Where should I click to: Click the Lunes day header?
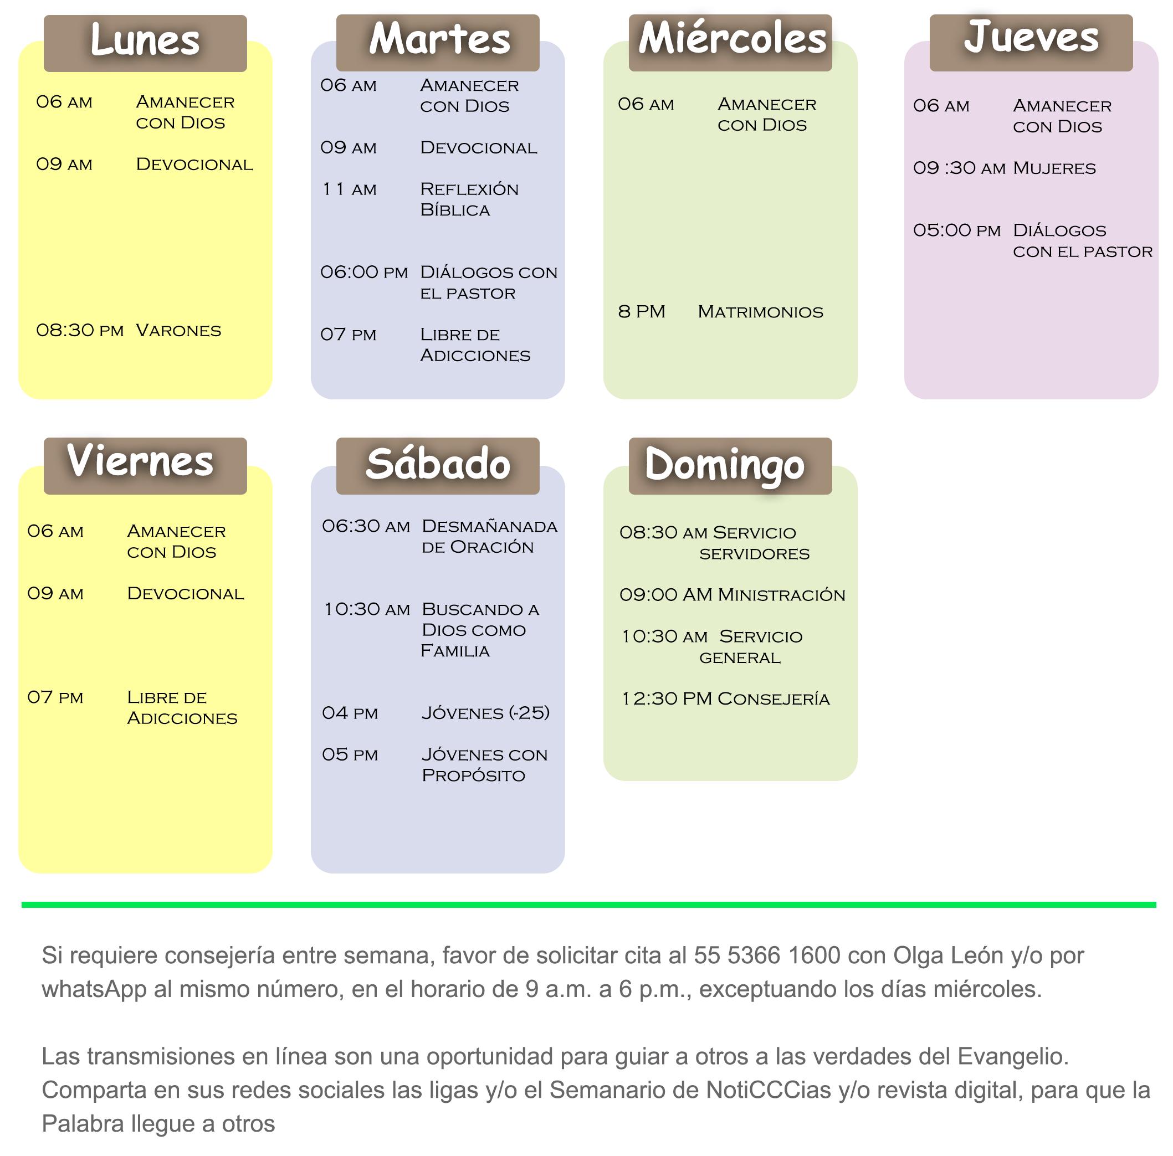click(145, 41)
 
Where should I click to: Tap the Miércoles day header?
click(731, 39)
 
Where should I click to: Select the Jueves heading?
click(1031, 38)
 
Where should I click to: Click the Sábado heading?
click(438, 464)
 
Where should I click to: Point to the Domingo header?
click(725, 465)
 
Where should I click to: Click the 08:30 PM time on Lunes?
click(80, 331)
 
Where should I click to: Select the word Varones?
click(178, 331)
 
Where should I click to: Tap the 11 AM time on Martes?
click(349, 189)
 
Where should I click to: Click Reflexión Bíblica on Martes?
click(469, 199)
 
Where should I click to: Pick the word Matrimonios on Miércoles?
click(760, 312)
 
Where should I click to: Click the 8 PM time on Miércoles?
click(642, 312)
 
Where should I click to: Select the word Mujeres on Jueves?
click(1054, 168)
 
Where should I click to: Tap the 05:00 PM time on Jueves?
click(957, 230)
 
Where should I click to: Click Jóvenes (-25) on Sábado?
click(486, 712)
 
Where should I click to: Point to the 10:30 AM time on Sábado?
click(367, 609)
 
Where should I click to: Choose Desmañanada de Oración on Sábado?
click(489, 536)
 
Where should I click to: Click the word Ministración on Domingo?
click(781, 595)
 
